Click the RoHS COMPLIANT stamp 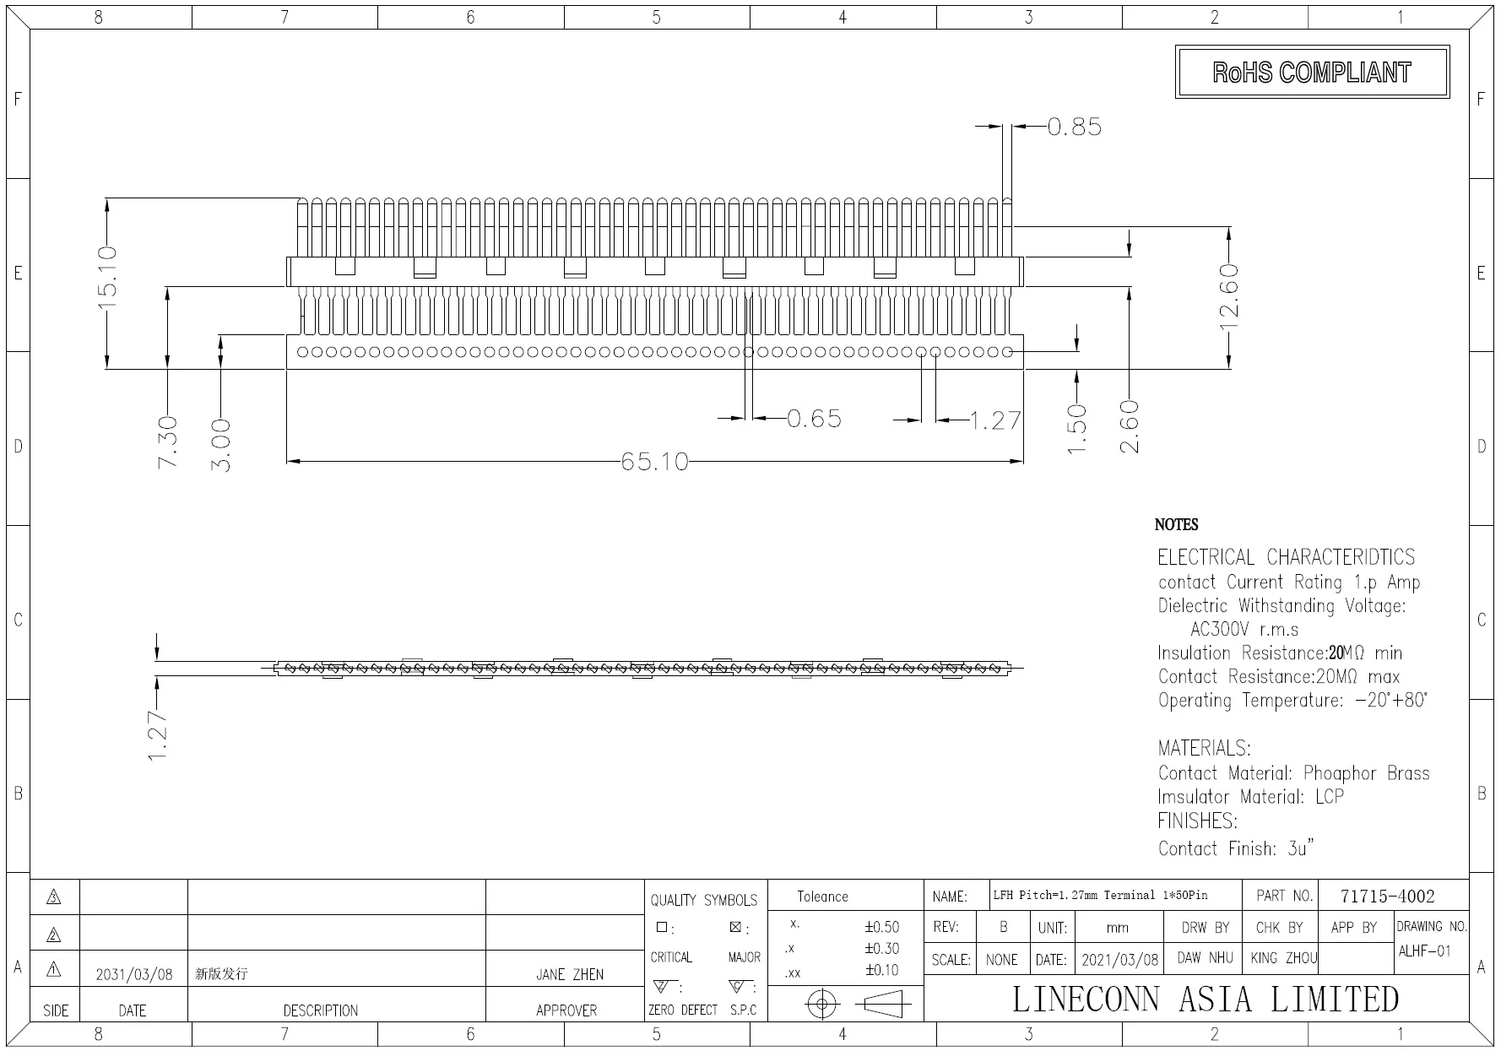coord(1311,73)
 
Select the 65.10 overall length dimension coord(654,462)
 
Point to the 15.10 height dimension coord(107,278)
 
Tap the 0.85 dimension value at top coord(1074,127)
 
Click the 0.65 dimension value coord(814,419)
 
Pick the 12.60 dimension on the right coord(1229,301)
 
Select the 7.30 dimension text coord(168,442)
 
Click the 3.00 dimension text coord(220,445)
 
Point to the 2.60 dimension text coord(1130,427)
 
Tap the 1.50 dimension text coord(1077,429)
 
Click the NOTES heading coord(1176,525)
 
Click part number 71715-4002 coord(1387,897)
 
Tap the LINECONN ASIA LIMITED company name coord(1205,1000)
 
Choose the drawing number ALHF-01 coord(1424,951)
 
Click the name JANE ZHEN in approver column coord(569,974)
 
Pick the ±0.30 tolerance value coord(881,949)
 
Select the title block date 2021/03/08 coord(1120,961)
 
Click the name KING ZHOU coord(1283,959)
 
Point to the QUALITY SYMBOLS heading coord(703,900)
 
